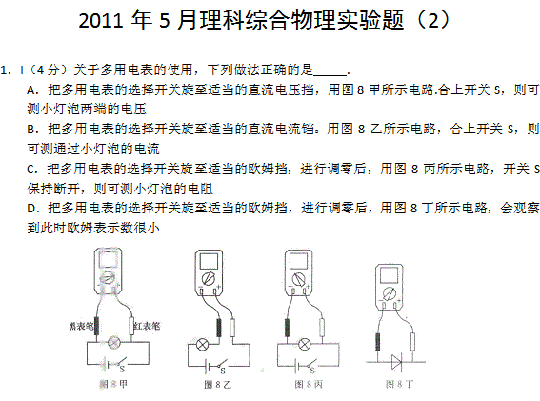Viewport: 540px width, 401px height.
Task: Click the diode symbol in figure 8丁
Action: coord(397,362)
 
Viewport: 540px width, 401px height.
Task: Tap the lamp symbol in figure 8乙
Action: coord(202,344)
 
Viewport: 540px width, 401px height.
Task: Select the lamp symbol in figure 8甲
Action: coord(113,342)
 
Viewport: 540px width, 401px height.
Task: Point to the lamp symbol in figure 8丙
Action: coord(304,344)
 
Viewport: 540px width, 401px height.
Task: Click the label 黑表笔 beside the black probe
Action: coord(81,326)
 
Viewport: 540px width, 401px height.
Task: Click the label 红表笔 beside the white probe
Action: coord(147,326)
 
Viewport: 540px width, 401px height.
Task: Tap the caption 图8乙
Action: coord(217,384)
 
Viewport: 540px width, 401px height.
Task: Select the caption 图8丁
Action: coord(399,384)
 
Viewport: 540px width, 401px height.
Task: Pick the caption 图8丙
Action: coord(309,384)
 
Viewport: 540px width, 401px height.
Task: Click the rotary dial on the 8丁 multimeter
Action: coord(390,293)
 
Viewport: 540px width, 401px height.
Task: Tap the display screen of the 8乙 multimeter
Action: coord(209,262)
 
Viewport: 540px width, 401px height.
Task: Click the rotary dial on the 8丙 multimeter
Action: coord(298,279)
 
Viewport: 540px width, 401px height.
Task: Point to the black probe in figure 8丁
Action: coord(378,342)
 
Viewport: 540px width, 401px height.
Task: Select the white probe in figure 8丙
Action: coord(322,328)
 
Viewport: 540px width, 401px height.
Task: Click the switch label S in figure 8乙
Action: coord(223,371)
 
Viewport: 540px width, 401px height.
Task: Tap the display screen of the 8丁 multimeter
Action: coord(389,275)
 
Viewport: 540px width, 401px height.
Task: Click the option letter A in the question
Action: coord(31,90)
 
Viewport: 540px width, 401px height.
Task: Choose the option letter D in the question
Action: coord(31,209)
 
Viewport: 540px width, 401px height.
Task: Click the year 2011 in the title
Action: coord(101,20)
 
